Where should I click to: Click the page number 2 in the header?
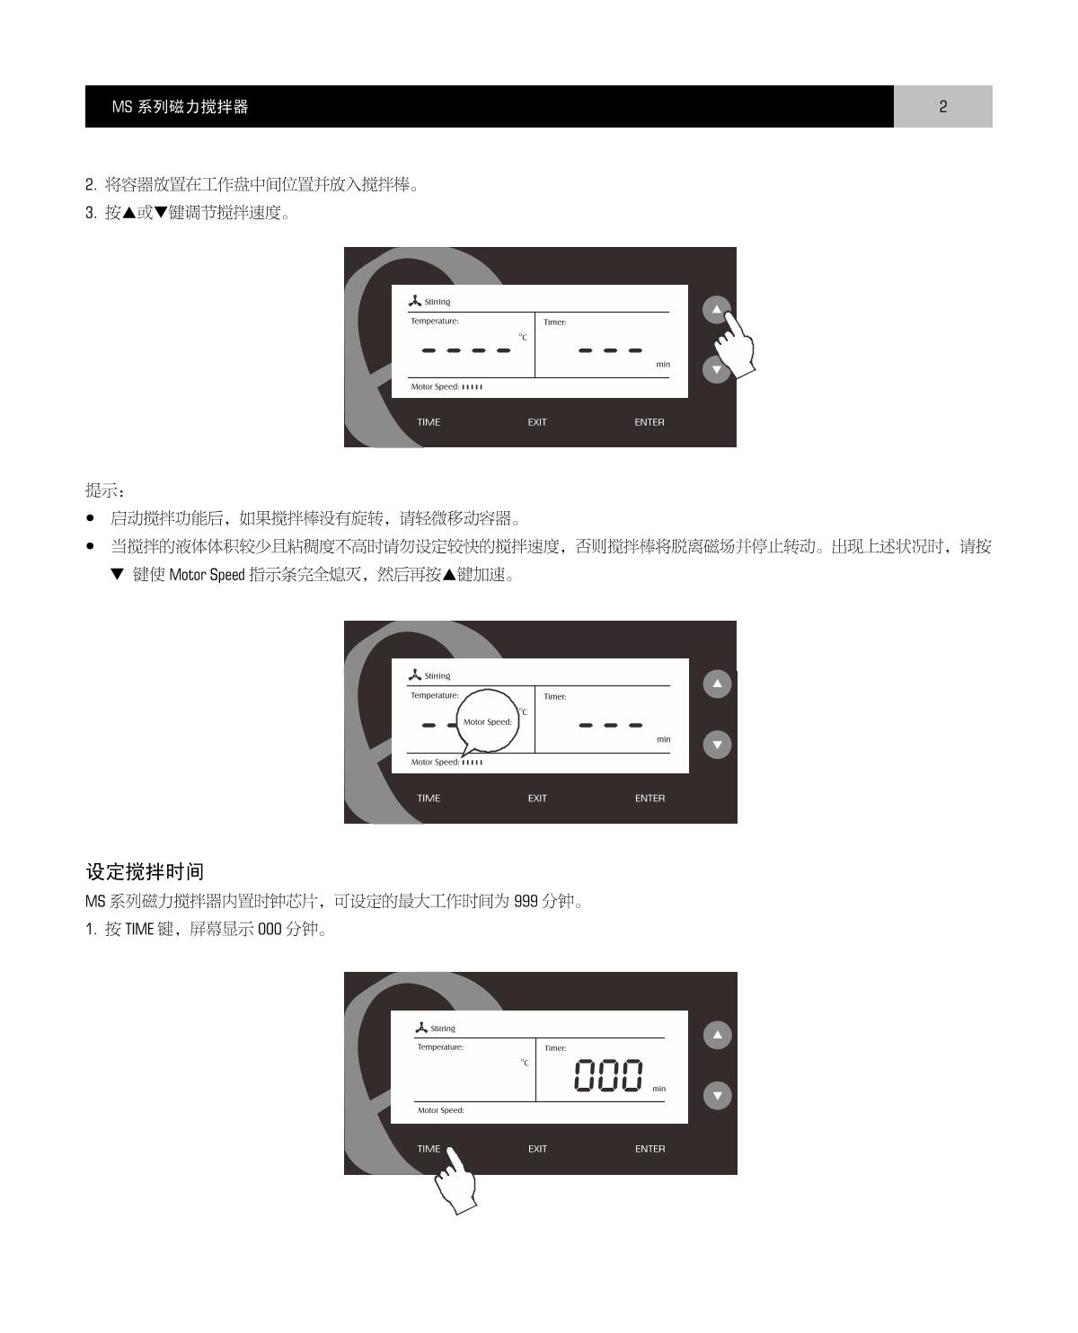click(x=942, y=106)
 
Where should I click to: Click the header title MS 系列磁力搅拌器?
click(x=180, y=106)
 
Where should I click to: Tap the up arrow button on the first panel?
click(x=716, y=309)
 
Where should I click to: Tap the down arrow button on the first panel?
click(x=716, y=369)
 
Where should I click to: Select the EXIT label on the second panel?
click(x=537, y=798)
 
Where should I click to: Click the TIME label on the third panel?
click(x=429, y=1148)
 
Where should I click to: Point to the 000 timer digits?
click(x=607, y=1075)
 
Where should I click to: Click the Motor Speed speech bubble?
click(x=488, y=720)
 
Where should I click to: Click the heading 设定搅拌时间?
click(x=145, y=871)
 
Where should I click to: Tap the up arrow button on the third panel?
click(x=717, y=1035)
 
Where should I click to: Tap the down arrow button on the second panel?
click(x=717, y=745)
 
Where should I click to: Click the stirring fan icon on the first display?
click(x=414, y=301)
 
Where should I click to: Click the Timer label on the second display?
click(x=555, y=696)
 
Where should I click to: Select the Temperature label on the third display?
click(x=440, y=1047)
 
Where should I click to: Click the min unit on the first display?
click(x=663, y=364)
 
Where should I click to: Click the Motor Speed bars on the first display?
click(x=472, y=387)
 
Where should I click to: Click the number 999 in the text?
click(x=526, y=901)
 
